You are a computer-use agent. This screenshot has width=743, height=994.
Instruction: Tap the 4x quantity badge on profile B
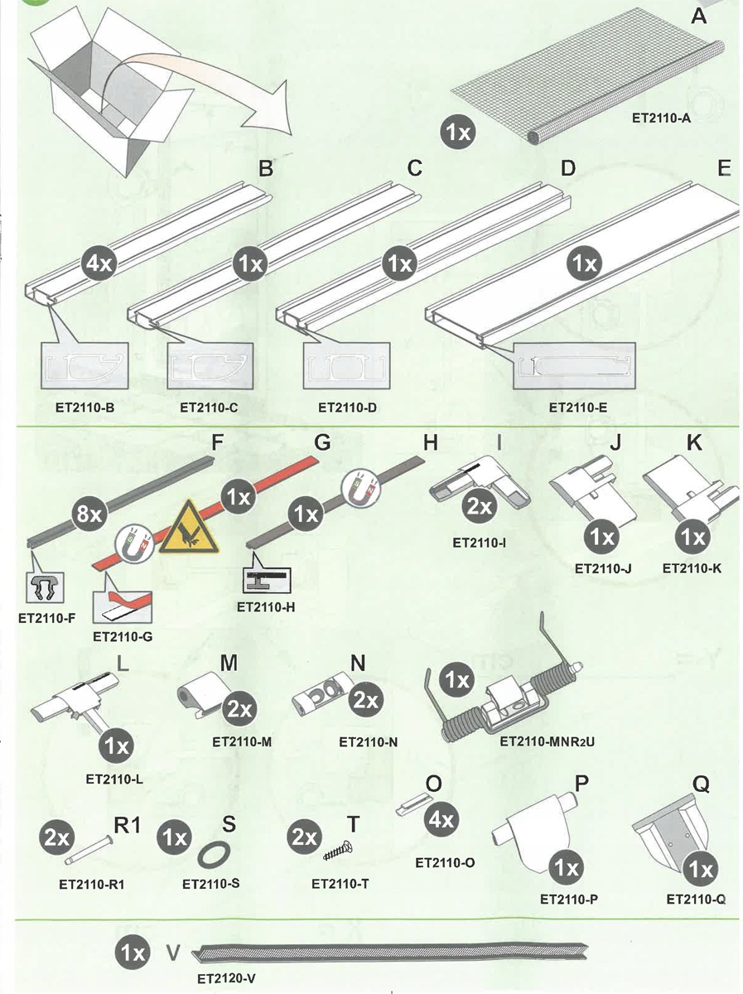coord(101,265)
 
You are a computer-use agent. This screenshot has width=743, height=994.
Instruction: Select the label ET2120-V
coord(226,978)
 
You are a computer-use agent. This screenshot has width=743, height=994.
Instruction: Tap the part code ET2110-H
coord(266,606)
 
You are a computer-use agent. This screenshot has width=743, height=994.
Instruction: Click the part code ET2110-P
coord(567,897)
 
